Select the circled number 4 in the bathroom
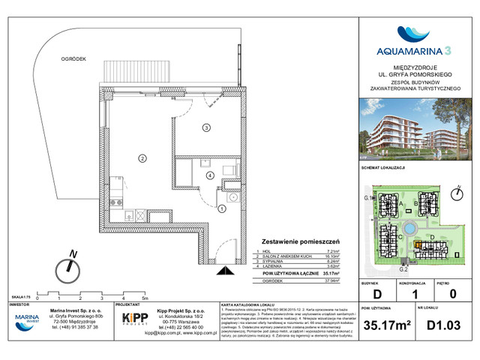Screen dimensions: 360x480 [x=210, y=175]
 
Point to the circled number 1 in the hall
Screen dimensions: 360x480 [x=221, y=210]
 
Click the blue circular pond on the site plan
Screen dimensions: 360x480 [x=412, y=227]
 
